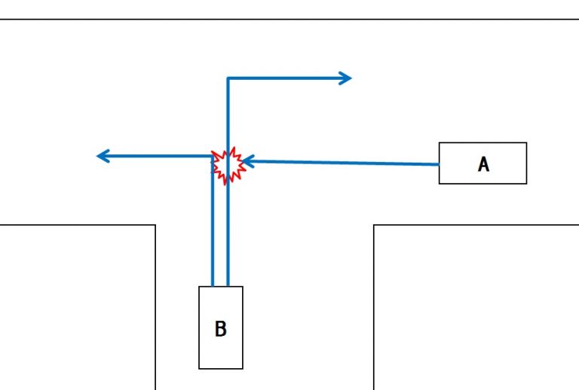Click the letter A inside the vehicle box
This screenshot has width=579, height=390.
coord(483,164)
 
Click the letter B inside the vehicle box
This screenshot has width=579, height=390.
coord(220,329)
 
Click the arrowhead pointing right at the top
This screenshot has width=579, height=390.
coord(346,78)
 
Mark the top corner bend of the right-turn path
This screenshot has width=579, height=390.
coord(228,78)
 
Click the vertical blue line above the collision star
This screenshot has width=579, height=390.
coord(228,113)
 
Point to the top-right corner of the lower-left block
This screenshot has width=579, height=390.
coord(155,225)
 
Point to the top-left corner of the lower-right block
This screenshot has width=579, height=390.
coord(374,225)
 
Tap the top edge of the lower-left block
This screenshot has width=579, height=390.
coord(75,225)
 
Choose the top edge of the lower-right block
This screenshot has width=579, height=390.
coord(475,225)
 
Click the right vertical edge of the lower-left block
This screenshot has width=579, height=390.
coord(155,309)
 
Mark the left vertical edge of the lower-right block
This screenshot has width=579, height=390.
coord(374,309)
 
